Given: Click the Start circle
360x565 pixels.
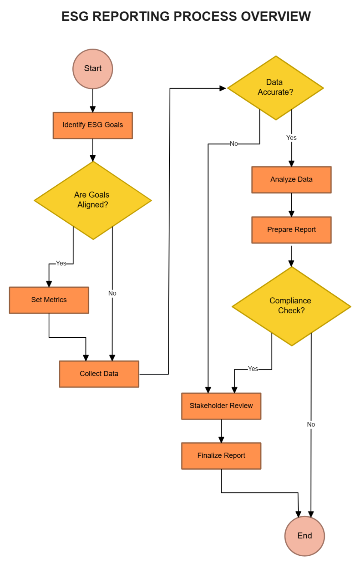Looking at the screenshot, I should (93, 69).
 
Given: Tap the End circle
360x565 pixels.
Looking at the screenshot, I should (304, 536).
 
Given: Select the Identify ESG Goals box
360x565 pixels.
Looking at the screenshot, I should (93, 125).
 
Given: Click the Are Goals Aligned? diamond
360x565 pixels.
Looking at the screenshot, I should (93, 200).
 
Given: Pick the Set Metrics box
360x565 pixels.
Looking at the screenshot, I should (49, 300).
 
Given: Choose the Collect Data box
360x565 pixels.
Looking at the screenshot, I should (99, 374).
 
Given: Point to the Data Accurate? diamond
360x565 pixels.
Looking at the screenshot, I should (275, 88).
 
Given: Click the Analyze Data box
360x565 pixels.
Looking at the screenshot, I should (291, 180).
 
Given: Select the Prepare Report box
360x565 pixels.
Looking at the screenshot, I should (291, 230).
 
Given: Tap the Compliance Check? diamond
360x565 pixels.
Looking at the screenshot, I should (291, 306).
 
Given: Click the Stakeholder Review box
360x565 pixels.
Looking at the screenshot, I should (221, 406).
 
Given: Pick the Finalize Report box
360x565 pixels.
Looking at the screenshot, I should (221, 456).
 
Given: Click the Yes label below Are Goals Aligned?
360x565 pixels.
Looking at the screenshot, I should (61, 263).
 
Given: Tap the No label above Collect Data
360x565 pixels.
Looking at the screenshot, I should (112, 293).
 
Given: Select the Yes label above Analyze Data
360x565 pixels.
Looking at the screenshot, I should (291, 138).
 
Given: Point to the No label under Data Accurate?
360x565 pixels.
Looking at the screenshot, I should (234, 144).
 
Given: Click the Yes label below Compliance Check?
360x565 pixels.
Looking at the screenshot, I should (253, 369).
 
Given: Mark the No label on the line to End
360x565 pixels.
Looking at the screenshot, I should (311, 424).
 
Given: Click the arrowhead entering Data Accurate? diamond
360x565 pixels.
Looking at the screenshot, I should (223, 88).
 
